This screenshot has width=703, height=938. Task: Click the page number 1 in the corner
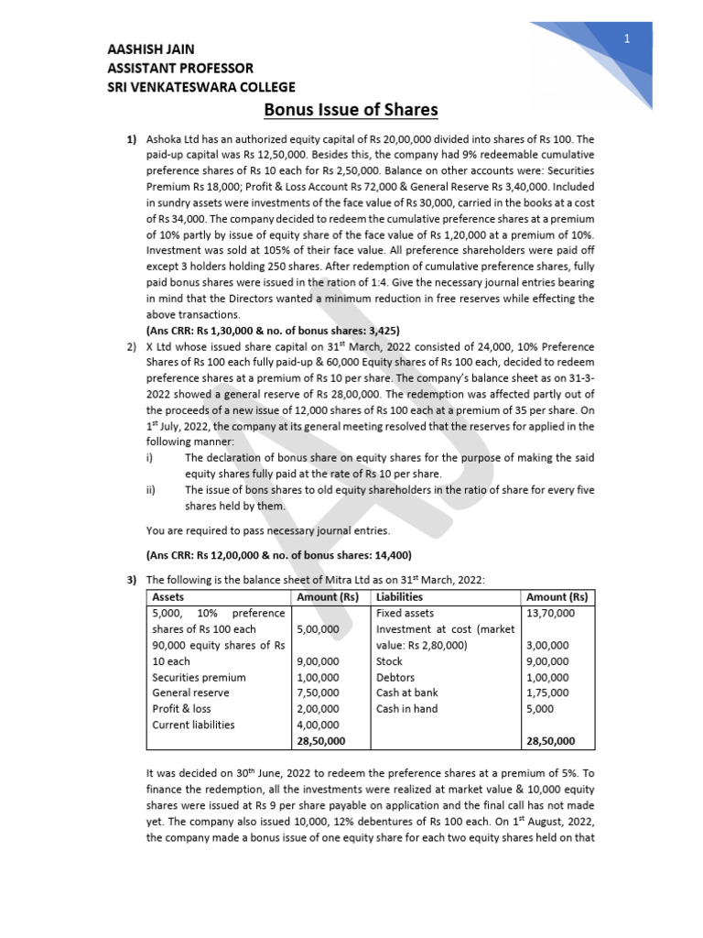[x=628, y=38]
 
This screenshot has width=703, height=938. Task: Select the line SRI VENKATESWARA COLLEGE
[x=201, y=88]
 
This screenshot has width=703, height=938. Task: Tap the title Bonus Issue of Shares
[x=351, y=111]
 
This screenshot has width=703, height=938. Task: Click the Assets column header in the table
[x=168, y=596]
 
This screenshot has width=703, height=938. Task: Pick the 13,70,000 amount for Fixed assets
[x=550, y=613]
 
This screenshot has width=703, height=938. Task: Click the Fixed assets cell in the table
[x=406, y=613]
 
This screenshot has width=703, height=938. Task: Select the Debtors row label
[x=395, y=677]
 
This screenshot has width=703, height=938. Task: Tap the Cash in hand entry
[x=406, y=709]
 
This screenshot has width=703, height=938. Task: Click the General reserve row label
[x=190, y=693]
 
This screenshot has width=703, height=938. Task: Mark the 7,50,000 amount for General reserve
[x=318, y=693]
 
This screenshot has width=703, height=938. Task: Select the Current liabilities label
[x=193, y=725]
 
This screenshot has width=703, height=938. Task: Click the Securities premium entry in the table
[x=199, y=677]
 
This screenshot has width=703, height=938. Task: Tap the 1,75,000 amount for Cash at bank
[x=548, y=693]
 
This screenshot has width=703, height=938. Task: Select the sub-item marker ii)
[x=152, y=490]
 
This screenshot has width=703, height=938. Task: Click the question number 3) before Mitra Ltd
[x=132, y=579]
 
